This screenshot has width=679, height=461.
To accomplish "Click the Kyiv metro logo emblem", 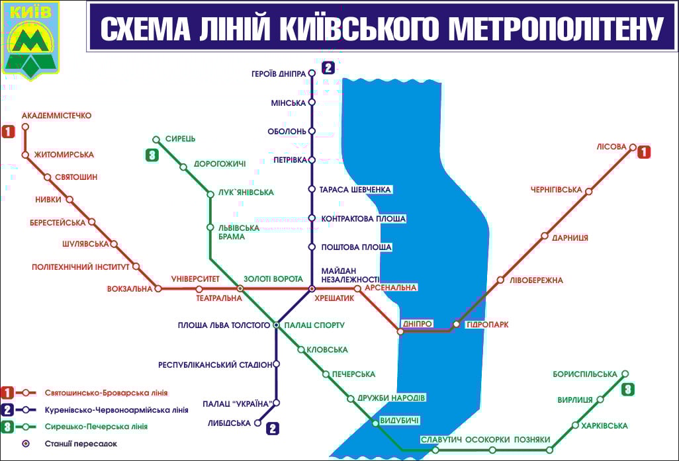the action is pyautogui.click(x=31, y=40).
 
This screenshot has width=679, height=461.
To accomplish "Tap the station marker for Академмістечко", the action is pyautogui.click(x=25, y=126).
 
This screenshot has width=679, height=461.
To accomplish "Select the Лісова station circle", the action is pyautogui.click(x=633, y=147).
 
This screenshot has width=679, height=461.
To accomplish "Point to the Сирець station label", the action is pyautogui.click(x=181, y=139).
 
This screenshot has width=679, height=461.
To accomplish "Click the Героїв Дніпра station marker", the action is pyautogui.click(x=312, y=74).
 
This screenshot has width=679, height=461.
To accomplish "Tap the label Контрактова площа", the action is pyautogui.click(x=363, y=218).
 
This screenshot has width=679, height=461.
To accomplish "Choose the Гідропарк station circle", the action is pyautogui.click(x=456, y=324).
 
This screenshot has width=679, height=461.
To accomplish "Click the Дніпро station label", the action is pyautogui.click(x=418, y=323).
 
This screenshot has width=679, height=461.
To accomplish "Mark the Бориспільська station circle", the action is pyautogui.click(x=625, y=374).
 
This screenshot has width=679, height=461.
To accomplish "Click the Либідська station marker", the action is pyautogui.click(x=257, y=423).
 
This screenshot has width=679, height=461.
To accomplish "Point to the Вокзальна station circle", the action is pyautogui.click(x=158, y=288).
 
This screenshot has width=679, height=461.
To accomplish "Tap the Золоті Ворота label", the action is pyautogui.click(x=273, y=279).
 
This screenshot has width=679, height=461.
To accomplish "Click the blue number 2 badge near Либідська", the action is pyautogui.click(x=273, y=428).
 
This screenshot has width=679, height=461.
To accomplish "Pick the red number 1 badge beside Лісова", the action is pyautogui.click(x=643, y=152).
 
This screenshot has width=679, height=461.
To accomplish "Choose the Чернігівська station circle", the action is pyautogui.click(x=588, y=192).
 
